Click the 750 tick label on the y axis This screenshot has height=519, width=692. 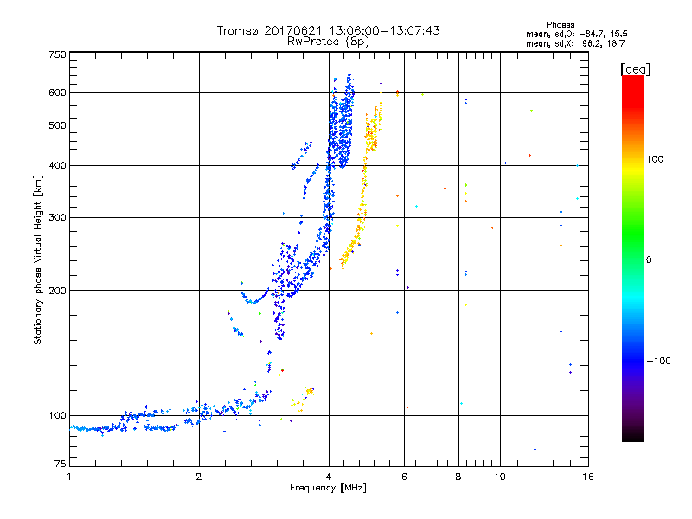(57, 54)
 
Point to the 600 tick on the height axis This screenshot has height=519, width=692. (57, 93)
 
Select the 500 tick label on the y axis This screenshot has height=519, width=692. (57, 125)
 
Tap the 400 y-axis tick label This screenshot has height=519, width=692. (57, 166)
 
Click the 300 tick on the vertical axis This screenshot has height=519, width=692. (57, 218)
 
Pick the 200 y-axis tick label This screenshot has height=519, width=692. (57, 291)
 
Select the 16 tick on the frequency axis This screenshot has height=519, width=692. (586, 477)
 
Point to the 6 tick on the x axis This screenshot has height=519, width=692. (405, 477)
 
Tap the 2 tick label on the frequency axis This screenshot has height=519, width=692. (199, 477)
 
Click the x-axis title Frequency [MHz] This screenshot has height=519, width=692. (327, 487)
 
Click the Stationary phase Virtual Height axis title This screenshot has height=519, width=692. (39, 259)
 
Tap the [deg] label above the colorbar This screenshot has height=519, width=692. (634, 68)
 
